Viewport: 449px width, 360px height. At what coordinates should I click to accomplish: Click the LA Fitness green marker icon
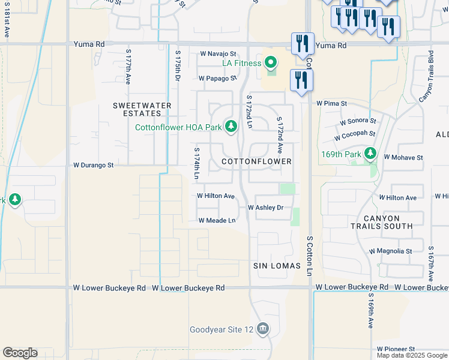pyautogui.click(x=271, y=63)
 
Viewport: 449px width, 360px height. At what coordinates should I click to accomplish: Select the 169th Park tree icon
pyautogui.click(x=370, y=154)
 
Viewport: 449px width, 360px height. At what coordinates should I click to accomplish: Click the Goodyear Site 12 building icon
pyautogui.click(x=262, y=329)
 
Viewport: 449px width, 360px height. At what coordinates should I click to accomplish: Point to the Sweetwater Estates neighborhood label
pyautogui.click(x=142, y=110)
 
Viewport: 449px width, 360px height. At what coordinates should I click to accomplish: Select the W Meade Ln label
pyautogui.click(x=217, y=221)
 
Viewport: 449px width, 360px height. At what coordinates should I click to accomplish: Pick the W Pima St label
pyautogui.click(x=332, y=103)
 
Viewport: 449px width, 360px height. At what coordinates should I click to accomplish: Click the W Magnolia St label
pyautogui.click(x=390, y=251)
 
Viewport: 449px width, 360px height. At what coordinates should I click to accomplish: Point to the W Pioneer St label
pyautogui.click(x=396, y=349)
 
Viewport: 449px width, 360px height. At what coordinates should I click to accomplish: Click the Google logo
pyautogui.click(x=20, y=353)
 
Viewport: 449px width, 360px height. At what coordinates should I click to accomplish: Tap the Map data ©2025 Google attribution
pyautogui.click(x=411, y=355)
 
